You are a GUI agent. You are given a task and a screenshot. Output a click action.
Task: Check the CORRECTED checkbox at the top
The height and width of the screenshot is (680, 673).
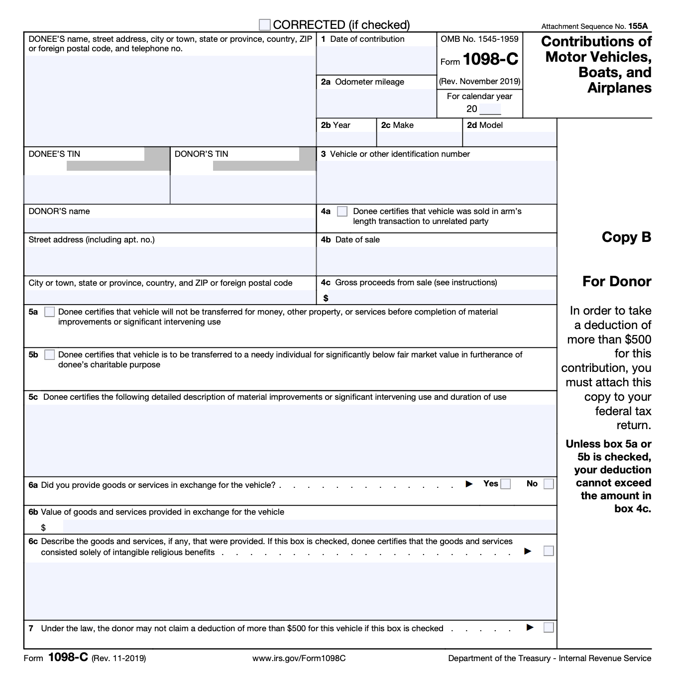(x=265, y=25)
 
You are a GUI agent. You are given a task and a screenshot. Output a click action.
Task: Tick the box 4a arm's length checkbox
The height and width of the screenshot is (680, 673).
(x=342, y=212)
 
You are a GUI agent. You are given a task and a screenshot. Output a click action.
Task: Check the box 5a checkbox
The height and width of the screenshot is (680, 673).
(x=49, y=312)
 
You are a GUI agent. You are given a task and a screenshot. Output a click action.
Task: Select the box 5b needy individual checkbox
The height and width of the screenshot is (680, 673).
(x=49, y=355)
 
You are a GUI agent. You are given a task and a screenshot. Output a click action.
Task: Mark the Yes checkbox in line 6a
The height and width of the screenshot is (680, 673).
(x=506, y=484)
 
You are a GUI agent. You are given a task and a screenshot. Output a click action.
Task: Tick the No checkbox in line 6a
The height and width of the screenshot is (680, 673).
(x=549, y=484)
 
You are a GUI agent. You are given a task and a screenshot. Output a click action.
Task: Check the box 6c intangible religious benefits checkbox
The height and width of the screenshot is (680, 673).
(x=549, y=551)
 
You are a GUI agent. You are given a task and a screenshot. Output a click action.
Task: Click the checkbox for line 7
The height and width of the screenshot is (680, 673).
(x=549, y=628)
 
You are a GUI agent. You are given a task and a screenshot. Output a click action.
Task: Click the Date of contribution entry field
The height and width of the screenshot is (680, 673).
(x=376, y=61)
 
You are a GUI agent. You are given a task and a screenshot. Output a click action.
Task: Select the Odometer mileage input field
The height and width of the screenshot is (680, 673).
(x=376, y=103)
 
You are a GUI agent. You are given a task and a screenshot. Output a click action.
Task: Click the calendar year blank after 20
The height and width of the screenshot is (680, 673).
(x=490, y=109)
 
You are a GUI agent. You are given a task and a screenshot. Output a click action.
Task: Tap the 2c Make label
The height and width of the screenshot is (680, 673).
(x=397, y=125)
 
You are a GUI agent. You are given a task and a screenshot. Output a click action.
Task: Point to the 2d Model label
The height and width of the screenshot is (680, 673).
(x=485, y=125)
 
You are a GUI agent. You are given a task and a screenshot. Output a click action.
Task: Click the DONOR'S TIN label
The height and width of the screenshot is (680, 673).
(x=201, y=154)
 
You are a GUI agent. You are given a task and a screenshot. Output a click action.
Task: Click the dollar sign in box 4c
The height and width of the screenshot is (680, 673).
(x=326, y=298)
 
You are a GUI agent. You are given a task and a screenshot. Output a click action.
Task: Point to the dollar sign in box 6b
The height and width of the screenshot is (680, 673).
(x=43, y=528)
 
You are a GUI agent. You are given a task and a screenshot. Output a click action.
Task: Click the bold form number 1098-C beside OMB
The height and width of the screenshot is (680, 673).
(x=490, y=60)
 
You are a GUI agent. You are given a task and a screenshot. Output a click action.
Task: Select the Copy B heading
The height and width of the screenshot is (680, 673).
(x=626, y=237)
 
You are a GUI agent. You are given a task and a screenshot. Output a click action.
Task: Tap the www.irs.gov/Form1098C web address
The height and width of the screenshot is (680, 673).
(x=299, y=659)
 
